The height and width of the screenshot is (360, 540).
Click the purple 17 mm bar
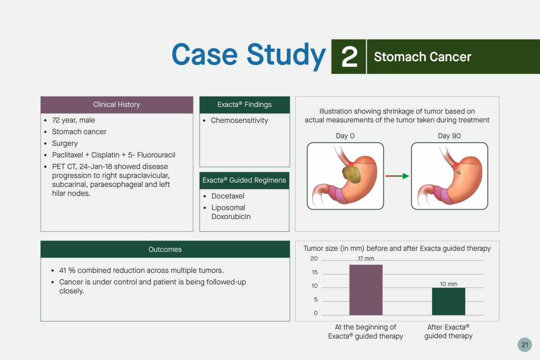(x=366, y=290)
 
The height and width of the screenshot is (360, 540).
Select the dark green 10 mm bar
(x=448, y=301)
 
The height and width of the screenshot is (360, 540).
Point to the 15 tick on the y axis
(x=315, y=272)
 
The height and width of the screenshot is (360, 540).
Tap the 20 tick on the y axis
(x=314, y=258)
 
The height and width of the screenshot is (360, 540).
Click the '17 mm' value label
(x=366, y=258)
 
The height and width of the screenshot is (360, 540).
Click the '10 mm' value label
(x=448, y=284)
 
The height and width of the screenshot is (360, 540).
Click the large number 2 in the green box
(x=349, y=57)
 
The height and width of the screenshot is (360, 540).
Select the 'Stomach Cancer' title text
(x=423, y=57)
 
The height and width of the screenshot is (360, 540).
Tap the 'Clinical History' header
(x=117, y=104)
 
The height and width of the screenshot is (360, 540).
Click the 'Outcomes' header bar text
(x=165, y=249)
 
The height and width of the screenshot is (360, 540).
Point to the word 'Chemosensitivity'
(x=239, y=120)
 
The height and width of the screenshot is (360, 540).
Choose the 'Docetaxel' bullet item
(x=228, y=196)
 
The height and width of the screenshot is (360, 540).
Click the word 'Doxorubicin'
(x=231, y=216)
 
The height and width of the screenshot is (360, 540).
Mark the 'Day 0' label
(x=345, y=136)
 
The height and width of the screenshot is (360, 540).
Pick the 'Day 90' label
(x=450, y=136)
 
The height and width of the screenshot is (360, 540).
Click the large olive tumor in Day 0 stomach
(x=351, y=174)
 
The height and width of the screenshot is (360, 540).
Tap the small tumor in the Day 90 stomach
(x=459, y=172)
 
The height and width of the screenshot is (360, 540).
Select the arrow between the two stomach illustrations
(x=397, y=176)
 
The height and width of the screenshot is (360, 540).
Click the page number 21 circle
(x=525, y=345)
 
